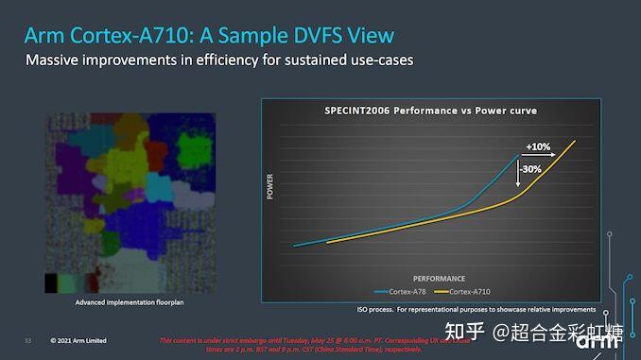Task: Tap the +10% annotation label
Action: click(538, 147)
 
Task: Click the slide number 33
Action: click(27, 340)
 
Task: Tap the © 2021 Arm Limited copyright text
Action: click(78, 340)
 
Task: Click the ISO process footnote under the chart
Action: click(469, 309)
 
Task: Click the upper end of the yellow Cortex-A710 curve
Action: click(574, 141)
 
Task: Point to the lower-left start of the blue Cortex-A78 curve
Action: click(295, 246)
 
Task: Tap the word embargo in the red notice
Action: click(245, 340)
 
